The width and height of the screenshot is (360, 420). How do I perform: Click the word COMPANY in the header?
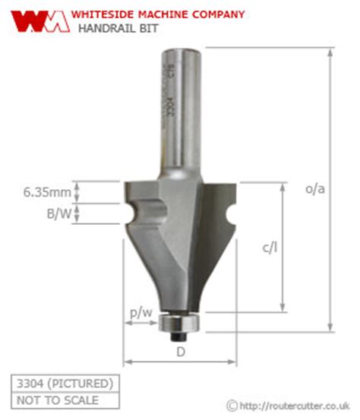pyautogui.click(x=220, y=14)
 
